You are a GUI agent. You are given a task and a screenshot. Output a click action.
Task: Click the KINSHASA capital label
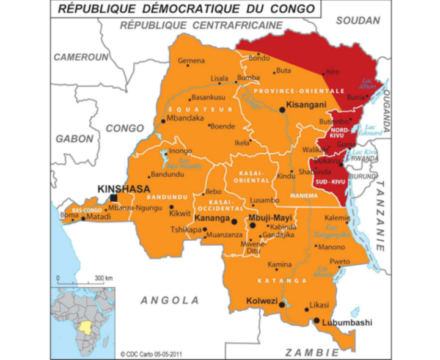123,189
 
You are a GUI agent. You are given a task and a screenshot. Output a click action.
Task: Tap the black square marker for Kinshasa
114,198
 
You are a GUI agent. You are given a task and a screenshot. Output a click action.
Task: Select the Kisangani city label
306,105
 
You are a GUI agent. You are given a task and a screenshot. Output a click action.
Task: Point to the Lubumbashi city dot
317,320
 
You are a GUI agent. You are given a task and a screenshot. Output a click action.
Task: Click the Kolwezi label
262,301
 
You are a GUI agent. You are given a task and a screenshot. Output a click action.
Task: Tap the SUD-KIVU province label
331,182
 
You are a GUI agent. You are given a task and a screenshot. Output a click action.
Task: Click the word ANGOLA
170,300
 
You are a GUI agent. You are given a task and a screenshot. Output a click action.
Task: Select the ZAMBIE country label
312,353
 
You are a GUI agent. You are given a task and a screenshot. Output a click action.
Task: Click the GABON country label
75,139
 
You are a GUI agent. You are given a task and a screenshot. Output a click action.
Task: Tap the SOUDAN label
358,20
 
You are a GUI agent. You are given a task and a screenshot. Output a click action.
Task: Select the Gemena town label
192,61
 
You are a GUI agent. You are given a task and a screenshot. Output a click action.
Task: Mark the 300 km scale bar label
105,278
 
